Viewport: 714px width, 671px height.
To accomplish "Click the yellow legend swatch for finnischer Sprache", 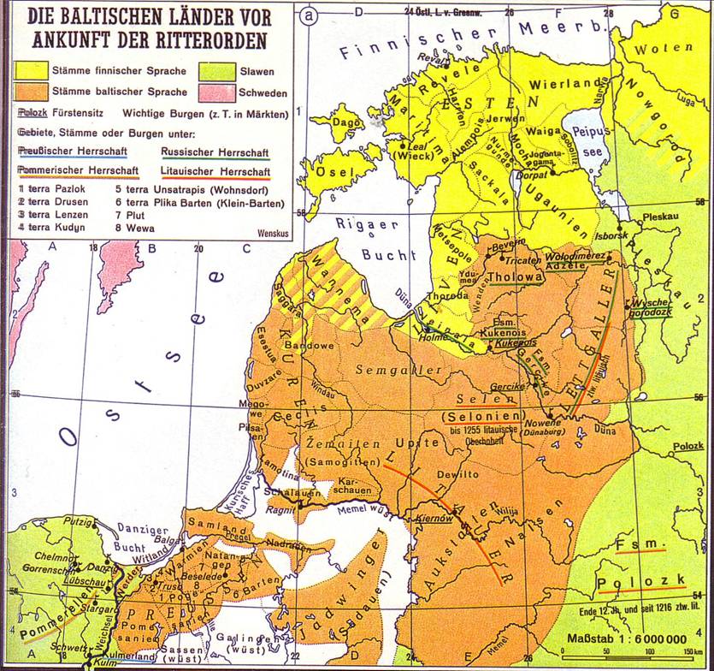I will click(32, 69).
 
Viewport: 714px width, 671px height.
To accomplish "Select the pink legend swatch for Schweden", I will click(216, 92).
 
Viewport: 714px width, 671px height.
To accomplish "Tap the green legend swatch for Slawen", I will click(216, 69).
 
